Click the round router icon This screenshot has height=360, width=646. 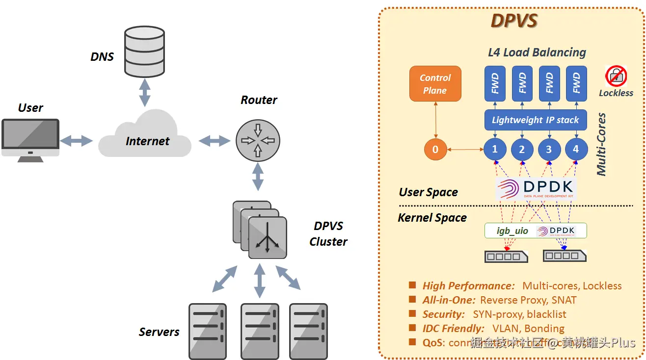click(258, 140)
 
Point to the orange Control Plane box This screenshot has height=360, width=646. click(435, 84)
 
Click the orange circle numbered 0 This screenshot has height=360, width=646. click(435, 150)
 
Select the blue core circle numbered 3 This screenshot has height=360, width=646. click(549, 150)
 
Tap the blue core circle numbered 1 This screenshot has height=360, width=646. click(495, 149)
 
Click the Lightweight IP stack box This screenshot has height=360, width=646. click(535, 120)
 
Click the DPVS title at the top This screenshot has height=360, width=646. click(514, 22)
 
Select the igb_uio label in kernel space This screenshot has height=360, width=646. click(512, 231)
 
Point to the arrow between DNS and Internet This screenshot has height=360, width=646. click(144, 92)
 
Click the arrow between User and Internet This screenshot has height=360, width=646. click(76, 141)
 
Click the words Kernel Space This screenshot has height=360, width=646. click(432, 217)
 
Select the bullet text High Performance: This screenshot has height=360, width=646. click(468, 286)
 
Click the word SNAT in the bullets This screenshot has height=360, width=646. click(564, 300)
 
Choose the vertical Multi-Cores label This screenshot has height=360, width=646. click(601, 145)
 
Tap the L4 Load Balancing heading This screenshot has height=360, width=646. click(537, 52)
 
